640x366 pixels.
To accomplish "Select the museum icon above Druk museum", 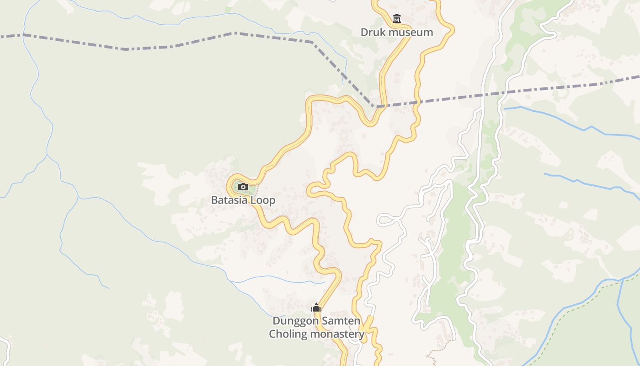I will tap(397, 19).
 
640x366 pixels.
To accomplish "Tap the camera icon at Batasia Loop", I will tap(243, 187).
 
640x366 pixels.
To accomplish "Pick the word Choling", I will tap(288, 334).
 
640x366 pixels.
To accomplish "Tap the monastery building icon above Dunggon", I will tap(316, 307).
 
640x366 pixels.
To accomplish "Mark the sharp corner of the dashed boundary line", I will tap(373, 107).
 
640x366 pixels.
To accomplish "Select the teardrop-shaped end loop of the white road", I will tap(383, 221).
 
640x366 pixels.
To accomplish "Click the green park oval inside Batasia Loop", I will tap(240, 188).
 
